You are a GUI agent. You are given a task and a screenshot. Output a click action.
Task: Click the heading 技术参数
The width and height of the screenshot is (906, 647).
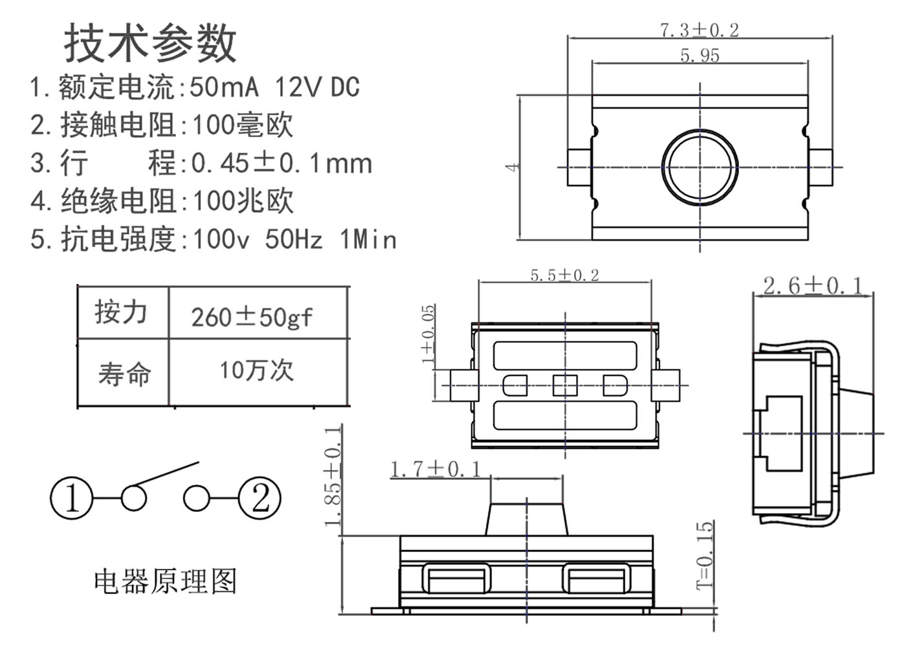click(150, 43)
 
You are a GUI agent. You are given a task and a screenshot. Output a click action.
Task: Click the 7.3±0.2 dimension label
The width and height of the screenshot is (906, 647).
click(699, 30)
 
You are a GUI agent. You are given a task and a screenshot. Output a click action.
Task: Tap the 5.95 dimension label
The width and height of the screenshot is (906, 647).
click(700, 56)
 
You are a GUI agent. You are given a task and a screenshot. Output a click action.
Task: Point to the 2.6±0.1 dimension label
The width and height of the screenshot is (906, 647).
click(812, 285)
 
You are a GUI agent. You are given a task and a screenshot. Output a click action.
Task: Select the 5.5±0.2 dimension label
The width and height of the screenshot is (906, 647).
click(564, 275)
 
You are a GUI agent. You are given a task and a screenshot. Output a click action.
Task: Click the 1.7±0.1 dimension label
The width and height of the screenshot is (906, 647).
click(436, 469)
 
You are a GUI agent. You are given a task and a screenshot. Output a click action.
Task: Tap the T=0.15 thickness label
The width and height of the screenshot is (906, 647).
click(705, 555)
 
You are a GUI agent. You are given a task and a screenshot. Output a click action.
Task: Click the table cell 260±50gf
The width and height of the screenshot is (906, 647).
click(252, 317)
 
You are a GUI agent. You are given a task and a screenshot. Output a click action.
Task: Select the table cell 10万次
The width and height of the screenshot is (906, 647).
click(256, 370)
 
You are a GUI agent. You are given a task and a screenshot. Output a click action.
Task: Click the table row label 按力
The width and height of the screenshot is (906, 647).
click(121, 312)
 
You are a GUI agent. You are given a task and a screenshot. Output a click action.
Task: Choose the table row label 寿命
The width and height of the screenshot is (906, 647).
click(124, 373)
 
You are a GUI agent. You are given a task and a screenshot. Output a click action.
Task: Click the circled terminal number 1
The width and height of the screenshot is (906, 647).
click(71, 498)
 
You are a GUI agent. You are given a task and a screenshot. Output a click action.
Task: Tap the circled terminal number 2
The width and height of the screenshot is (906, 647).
click(260, 498)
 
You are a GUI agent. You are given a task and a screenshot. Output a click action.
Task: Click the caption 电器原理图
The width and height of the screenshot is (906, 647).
click(165, 581)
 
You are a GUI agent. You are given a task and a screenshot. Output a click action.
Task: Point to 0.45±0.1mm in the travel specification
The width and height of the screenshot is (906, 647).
click(282, 163)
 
